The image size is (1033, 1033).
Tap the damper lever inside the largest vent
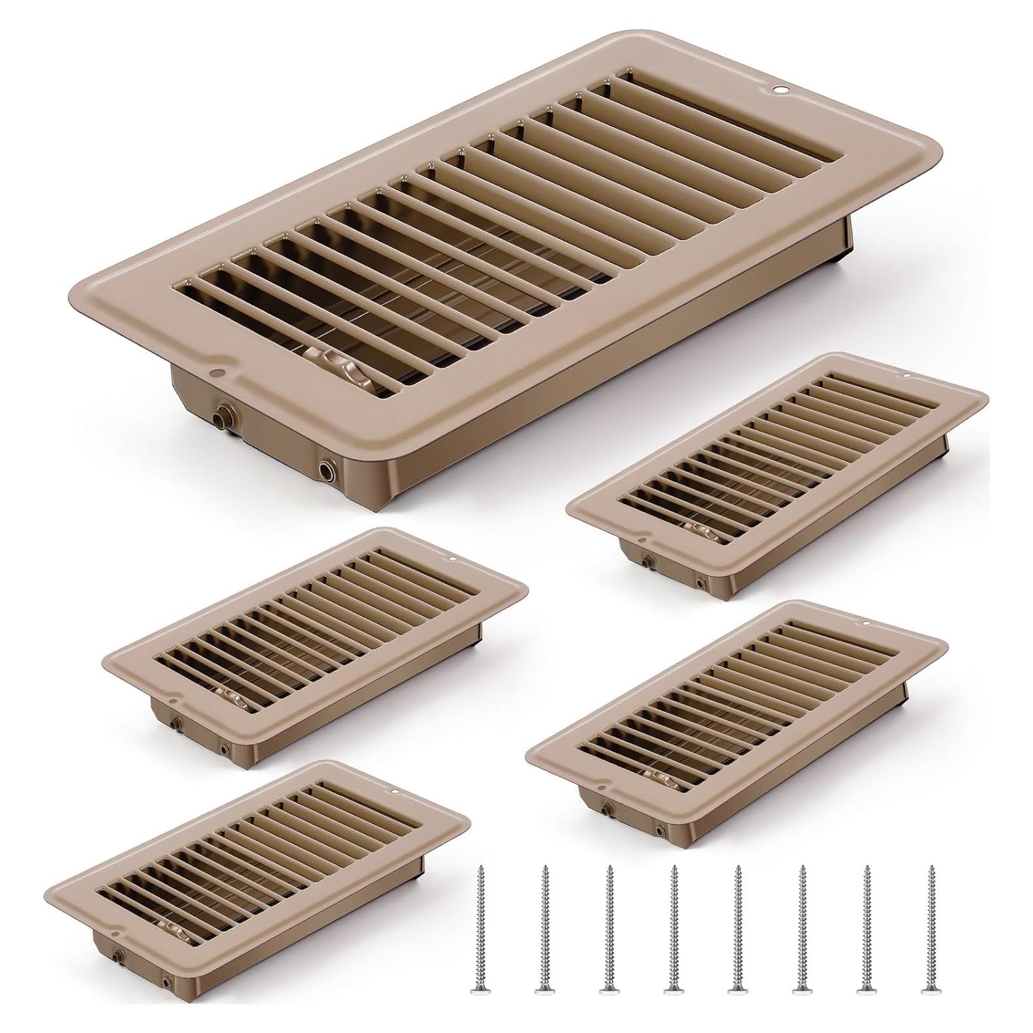click(x=328, y=360)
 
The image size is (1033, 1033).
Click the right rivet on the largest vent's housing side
click(x=324, y=467)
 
